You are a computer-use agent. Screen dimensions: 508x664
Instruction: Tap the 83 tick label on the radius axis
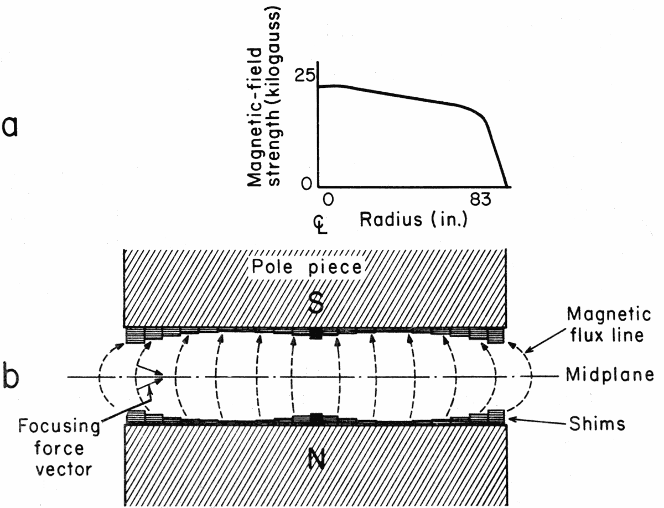click(x=476, y=200)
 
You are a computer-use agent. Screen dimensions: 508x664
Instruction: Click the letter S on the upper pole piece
click(x=316, y=301)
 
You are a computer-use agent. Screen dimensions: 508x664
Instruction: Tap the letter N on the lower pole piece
click(x=316, y=461)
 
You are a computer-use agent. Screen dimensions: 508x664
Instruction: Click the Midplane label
click(x=610, y=375)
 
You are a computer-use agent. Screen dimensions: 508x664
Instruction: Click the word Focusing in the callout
click(x=59, y=427)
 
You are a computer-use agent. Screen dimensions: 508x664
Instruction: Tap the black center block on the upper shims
click(x=316, y=334)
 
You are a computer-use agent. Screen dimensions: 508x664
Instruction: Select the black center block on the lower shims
click(x=316, y=418)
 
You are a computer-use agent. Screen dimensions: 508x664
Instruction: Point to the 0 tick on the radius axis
click(x=328, y=200)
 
